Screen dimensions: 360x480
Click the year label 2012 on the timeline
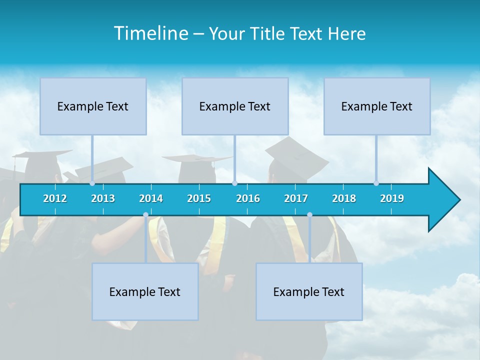coord(55,198)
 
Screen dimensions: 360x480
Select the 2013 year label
coord(103,198)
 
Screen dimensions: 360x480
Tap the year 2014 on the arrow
coord(151,198)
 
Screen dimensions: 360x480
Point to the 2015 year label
coord(199,198)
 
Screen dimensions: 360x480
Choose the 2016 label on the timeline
coord(248,198)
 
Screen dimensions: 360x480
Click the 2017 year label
coord(296,198)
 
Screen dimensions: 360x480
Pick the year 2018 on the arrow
coord(344,198)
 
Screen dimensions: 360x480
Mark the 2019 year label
coord(392,198)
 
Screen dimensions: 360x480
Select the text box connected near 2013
coord(93,106)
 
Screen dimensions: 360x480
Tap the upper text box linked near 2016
coord(235,106)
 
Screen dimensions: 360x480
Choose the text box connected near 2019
coord(377,106)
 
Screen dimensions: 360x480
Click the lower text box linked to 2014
coord(145,291)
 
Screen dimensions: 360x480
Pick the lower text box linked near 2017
coord(309,291)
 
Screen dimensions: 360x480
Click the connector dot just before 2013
coord(92,183)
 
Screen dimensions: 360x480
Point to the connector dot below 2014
coord(145,215)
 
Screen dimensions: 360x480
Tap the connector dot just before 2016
coord(235,183)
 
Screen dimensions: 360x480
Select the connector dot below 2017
coord(309,215)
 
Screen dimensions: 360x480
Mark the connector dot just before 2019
coord(376,183)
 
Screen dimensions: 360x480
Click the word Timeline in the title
coord(150,33)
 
